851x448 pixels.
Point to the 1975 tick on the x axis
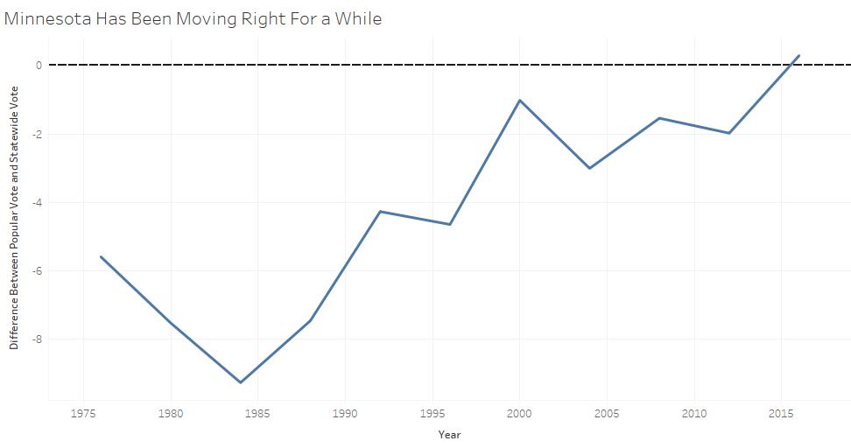point(83,413)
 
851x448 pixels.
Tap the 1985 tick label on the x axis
point(257,413)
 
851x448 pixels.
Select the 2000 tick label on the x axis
point(519,413)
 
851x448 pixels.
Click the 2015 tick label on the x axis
point(781,413)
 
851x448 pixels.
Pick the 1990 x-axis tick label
point(345,413)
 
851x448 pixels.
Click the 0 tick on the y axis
point(39,65)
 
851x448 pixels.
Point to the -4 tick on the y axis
point(37,202)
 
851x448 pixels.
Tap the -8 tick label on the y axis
point(37,339)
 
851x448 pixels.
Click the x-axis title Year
point(449,434)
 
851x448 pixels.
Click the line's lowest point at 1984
point(240,382)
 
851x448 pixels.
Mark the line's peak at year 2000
point(519,100)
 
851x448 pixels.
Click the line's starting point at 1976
point(101,256)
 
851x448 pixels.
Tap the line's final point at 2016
point(798,56)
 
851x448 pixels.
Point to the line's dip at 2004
point(589,168)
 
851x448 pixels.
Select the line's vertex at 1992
point(380,211)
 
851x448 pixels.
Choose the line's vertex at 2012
point(728,133)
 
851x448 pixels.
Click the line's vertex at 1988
point(310,321)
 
